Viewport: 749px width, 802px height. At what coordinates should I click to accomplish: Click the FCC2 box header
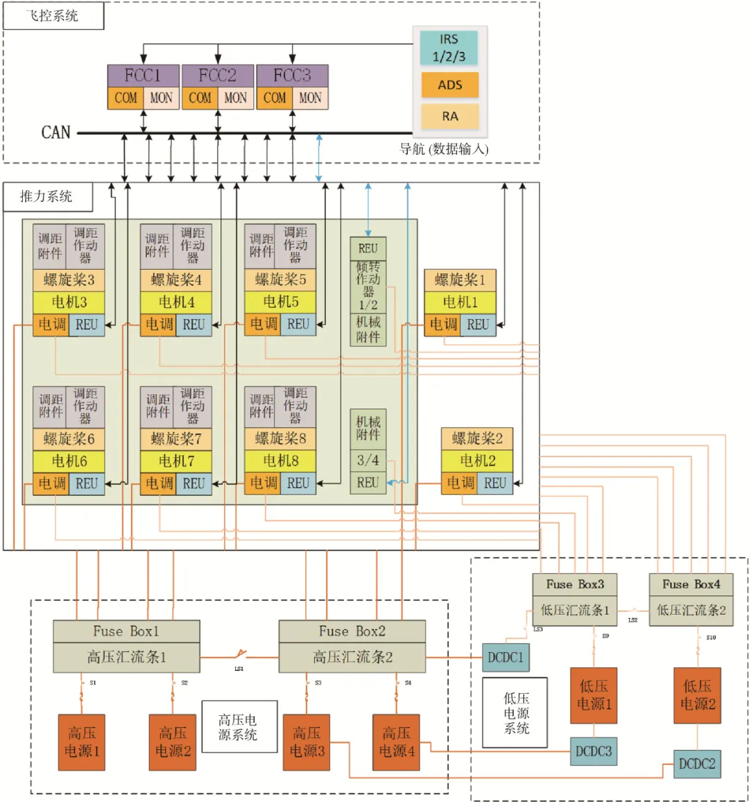point(218,76)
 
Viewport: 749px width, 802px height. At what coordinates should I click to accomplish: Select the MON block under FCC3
point(310,98)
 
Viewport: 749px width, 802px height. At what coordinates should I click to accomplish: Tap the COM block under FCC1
point(126,98)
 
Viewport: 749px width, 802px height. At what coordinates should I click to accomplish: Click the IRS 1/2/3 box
point(449,48)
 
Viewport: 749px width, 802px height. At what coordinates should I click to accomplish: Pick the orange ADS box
point(449,85)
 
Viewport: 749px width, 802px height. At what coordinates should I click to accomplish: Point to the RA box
point(449,117)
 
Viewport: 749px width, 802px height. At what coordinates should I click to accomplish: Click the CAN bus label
point(56,132)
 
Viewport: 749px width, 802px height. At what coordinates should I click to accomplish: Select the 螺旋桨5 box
point(280,280)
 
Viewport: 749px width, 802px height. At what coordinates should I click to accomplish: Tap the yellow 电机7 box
point(176,461)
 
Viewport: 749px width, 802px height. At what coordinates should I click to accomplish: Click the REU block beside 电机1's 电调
point(478,324)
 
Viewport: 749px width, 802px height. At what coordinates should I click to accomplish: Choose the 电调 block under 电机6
point(51,484)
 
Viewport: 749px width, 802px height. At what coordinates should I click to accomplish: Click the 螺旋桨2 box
point(477,438)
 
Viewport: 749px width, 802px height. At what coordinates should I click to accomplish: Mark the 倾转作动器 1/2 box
point(368,285)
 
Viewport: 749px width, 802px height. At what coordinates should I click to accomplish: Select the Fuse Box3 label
point(575,584)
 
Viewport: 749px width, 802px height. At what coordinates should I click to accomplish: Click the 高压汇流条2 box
point(352,657)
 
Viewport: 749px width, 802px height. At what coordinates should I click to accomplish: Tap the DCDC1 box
point(506,657)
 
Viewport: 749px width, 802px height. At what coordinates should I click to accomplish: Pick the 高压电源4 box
point(396,742)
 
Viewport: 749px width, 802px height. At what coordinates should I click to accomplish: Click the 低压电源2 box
point(697,695)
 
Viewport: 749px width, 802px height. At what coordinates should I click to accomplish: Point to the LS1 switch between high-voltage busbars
point(239,654)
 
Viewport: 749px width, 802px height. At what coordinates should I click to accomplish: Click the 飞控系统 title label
point(53,16)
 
